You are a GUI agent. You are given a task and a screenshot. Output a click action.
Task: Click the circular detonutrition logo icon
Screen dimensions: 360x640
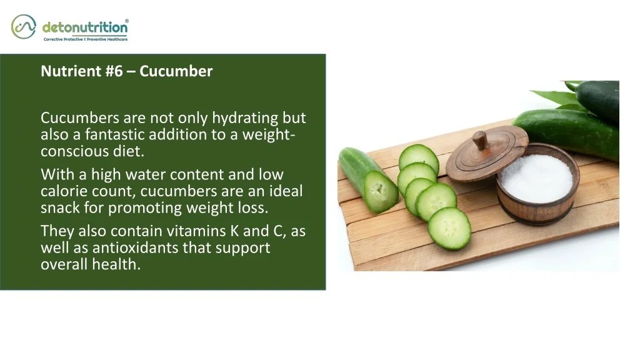23,26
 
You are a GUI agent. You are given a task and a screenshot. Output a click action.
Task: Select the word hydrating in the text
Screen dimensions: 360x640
245,117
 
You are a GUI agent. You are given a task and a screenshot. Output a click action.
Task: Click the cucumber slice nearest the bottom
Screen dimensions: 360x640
449,228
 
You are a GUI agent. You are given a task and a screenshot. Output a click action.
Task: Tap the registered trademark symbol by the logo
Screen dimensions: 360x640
127,21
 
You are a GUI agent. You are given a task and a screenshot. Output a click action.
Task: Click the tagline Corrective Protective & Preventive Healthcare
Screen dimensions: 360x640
85,39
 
